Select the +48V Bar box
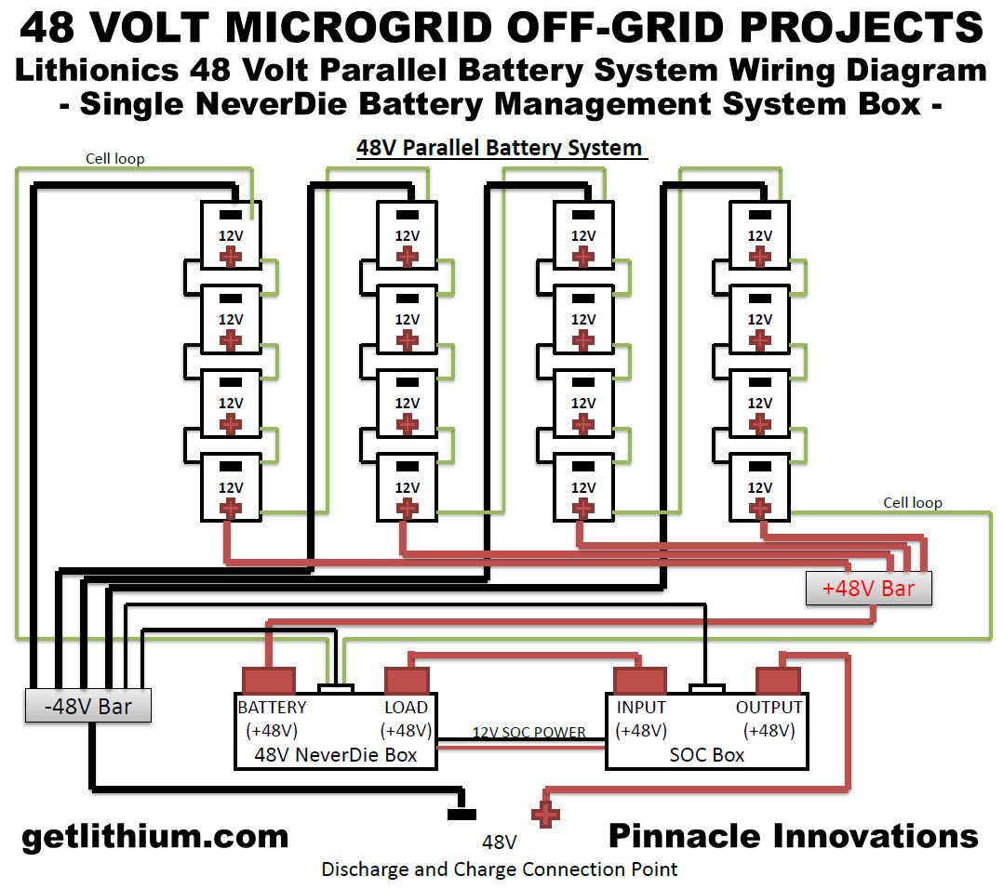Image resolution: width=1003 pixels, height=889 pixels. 868,588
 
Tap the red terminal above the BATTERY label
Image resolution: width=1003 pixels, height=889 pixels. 268,681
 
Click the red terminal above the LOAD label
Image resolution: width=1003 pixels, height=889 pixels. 407,681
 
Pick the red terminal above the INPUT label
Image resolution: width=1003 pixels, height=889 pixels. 638,681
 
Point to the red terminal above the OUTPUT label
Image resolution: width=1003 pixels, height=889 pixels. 777,681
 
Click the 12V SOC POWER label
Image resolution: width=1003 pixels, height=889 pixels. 528,732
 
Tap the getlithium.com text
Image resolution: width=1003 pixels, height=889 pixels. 154,836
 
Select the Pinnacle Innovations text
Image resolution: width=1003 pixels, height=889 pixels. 793,836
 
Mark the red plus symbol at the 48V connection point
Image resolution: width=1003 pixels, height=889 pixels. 545,816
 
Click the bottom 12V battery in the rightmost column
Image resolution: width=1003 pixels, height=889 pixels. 760,488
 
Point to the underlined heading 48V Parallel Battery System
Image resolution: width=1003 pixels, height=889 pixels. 500,148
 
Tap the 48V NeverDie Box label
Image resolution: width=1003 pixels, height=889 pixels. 336,754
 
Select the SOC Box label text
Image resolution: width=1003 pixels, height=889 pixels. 707,754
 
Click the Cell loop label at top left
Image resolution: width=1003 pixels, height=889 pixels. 115,158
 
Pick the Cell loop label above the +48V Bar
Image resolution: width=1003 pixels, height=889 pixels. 912,502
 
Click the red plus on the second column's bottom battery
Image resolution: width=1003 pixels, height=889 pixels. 407,509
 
